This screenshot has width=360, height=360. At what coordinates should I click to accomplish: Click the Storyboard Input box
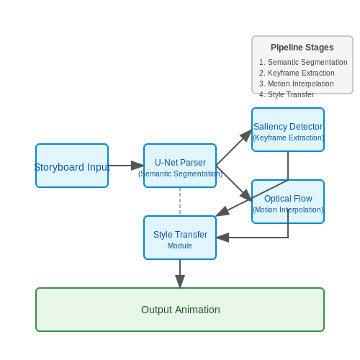72,166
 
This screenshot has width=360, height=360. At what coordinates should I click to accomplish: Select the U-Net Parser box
180,166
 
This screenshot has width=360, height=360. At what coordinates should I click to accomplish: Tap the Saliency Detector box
288,130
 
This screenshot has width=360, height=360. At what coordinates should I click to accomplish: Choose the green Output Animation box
180,310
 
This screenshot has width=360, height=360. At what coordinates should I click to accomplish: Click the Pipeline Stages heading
302,48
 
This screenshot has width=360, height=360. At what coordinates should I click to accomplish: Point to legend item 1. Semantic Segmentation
303,62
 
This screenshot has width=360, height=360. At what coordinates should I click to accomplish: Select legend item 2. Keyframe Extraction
297,73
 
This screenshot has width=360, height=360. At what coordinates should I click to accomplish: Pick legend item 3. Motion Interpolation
297,84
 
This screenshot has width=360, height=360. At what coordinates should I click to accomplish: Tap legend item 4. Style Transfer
287,94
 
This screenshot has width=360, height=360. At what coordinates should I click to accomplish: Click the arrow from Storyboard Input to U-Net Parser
126,166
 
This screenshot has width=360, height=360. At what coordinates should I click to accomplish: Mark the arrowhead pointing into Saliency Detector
246,135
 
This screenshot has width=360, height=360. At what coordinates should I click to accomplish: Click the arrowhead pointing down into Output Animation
180,282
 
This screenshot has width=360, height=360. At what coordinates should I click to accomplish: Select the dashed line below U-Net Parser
180,202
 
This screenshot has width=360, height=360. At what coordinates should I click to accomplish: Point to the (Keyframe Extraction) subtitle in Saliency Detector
288,138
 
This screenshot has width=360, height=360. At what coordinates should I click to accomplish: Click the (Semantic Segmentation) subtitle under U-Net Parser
180,174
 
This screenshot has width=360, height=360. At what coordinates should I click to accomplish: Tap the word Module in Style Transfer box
180,246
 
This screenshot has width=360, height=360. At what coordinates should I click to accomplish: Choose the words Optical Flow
288,199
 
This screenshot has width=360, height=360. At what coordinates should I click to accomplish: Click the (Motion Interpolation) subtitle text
288,210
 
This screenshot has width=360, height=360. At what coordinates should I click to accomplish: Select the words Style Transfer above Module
180,235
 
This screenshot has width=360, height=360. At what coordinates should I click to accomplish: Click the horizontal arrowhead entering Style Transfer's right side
222,238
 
